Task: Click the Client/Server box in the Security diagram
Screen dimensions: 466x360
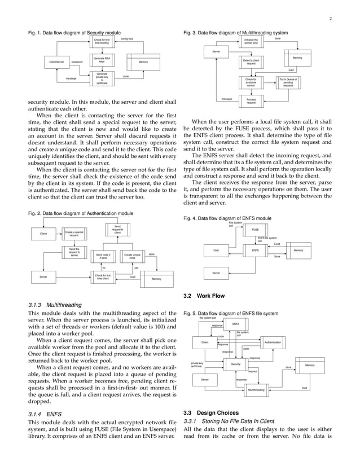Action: click(56, 61)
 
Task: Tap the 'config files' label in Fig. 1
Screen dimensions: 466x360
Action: click(127, 39)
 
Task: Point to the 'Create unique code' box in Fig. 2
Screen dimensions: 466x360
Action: click(132, 256)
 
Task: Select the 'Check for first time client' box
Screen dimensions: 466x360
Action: click(103, 276)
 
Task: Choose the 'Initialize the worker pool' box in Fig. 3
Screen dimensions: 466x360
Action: click(251, 41)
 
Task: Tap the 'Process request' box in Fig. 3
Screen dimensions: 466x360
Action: click(251, 101)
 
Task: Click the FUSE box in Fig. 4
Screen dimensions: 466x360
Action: click(255, 230)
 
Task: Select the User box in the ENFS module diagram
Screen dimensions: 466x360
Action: click(216, 250)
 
